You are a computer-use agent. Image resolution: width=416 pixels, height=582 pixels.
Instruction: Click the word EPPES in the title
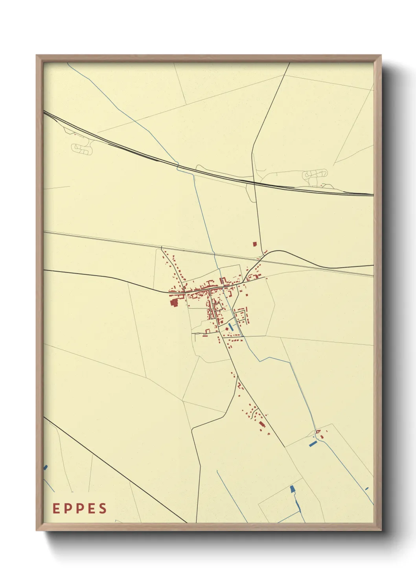pos(80,508)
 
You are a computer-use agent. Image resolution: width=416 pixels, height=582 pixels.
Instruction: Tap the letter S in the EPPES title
pos(103,508)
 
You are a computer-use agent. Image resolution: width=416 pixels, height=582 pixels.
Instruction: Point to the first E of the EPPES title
pos(56,508)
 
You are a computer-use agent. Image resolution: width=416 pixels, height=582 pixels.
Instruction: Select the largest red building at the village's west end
pos(174,302)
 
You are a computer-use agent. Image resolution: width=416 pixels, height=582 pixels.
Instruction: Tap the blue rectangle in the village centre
pos(230,326)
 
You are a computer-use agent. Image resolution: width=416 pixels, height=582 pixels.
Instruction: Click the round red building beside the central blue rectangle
pos(227,329)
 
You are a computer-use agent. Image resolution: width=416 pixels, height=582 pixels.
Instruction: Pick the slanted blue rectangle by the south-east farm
pos(313,444)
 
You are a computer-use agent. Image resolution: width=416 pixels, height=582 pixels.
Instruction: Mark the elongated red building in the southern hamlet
pos(261,424)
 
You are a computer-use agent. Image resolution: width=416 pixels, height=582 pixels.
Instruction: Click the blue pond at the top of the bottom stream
pos(292,489)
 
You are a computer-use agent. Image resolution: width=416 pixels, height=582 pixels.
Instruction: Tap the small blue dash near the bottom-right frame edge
pos(367,488)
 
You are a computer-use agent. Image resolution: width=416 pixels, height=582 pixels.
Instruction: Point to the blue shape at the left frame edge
pos(46,467)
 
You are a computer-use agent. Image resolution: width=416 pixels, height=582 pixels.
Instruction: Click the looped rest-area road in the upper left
pos(83,148)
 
